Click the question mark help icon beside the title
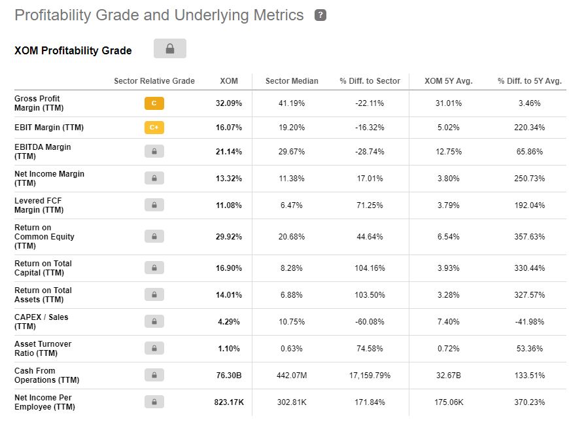point(320,15)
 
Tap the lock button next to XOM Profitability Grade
point(170,48)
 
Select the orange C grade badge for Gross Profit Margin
point(154,103)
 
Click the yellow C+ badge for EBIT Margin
point(154,128)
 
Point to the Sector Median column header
point(292,81)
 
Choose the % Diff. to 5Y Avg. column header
point(529,81)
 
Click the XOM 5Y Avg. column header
point(449,81)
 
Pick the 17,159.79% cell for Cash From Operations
point(370,376)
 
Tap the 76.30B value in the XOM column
point(229,376)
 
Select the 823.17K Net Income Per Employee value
point(229,402)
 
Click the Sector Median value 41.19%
point(292,103)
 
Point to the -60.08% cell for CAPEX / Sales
point(370,322)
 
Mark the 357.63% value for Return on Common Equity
point(529,237)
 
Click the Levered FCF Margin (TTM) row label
point(39,205)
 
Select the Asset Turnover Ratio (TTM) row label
point(43,349)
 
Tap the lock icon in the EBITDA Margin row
point(154,152)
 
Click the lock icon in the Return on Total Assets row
point(154,295)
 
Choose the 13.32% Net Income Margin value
point(229,179)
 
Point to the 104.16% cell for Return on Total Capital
point(370,268)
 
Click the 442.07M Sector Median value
point(292,376)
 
